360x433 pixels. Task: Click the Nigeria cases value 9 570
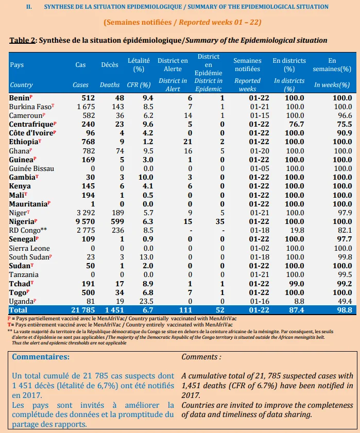point(85,221)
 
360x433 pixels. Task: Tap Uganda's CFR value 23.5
point(146,301)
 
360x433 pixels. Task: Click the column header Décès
point(110,65)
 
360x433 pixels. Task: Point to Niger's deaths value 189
point(118,213)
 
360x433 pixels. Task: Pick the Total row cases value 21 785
point(83,310)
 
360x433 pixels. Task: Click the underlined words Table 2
point(22,40)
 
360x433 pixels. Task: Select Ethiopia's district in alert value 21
point(187,142)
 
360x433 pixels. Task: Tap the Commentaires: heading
point(41,357)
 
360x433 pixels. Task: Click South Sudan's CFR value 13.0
point(146,257)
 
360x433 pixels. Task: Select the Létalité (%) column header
point(139,65)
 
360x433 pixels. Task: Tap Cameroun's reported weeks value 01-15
point(260,115)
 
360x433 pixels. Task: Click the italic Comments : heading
point(201,357)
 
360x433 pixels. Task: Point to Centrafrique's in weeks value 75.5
point(344,124)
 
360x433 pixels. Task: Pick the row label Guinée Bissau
point(31,168)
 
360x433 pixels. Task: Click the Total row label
point(18,310)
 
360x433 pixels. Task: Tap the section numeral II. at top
point(29,7)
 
